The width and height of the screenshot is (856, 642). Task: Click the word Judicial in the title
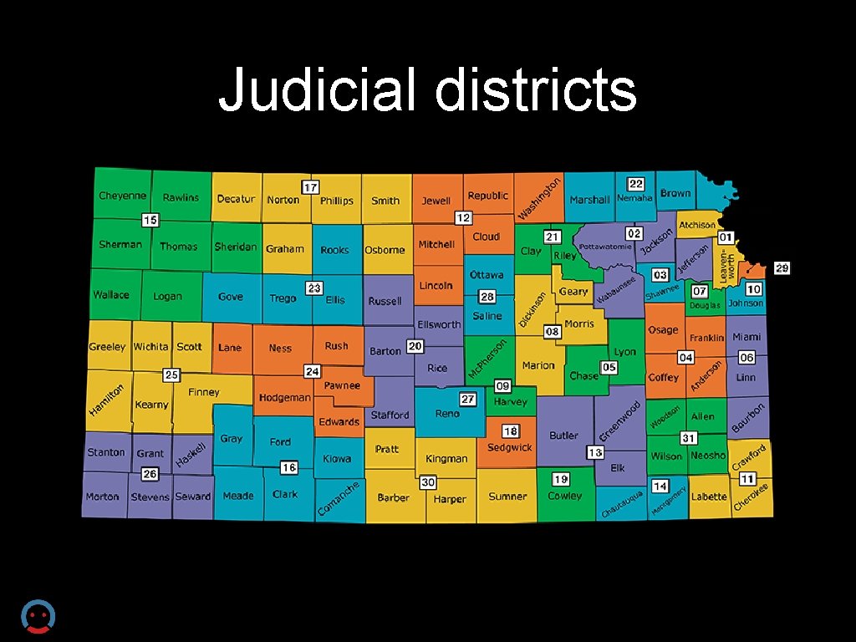coord(317,90)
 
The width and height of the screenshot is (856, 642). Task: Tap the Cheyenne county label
coord(122,196)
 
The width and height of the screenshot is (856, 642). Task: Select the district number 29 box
coord(782,268)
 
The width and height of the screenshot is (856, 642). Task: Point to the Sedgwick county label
coord(510,447)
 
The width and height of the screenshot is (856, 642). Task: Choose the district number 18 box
coord(510,431)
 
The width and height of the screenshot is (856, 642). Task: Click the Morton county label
coord(102,497)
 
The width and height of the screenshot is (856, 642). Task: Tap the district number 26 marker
coord(150,474)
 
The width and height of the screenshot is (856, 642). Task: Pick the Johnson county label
coord(745,303)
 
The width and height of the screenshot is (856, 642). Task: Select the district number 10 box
coord(753,288)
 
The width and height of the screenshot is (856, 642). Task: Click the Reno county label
coord(447,414)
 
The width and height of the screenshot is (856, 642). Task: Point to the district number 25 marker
coord(172,374)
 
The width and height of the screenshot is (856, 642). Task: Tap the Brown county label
coord(675,193)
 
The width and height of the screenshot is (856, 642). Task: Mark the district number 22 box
coord(636,184)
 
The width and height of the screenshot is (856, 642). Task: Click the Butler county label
coord(563,436)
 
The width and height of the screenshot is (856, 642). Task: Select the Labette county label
coord(709,497)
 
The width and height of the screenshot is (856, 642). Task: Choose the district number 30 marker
coord(428,482)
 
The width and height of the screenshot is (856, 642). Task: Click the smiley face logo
coord(37,617)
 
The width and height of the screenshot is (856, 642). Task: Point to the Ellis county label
coord(335,300)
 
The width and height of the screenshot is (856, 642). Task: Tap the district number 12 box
coord(463,217)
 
